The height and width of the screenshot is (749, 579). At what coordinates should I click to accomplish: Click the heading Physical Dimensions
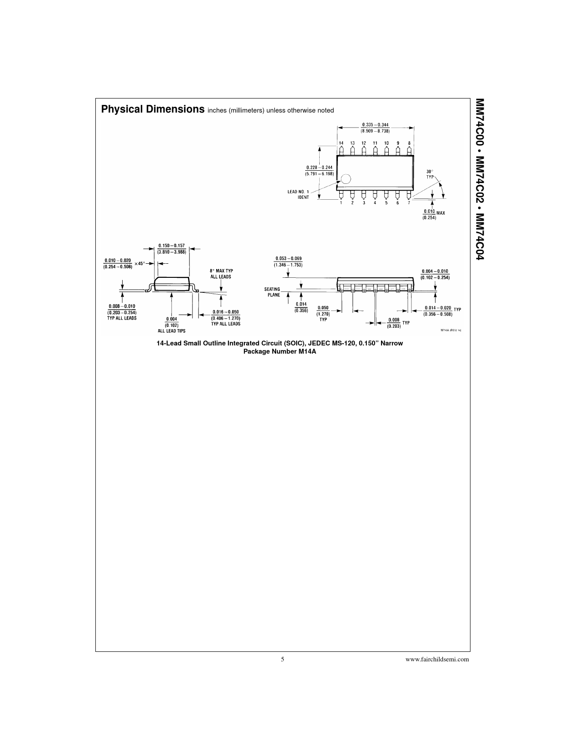[x=153, y=109]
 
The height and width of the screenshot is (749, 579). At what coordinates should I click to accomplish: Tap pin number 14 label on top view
[x=341, y=143]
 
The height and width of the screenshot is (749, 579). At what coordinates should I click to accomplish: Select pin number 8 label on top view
[x=409, y=143]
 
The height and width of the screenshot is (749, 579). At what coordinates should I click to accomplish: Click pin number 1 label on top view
[x=341, y=203]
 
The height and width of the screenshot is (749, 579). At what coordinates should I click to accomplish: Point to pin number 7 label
[x=408, y=203]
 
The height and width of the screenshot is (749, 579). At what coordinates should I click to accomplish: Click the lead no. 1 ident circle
[x=346, y=179]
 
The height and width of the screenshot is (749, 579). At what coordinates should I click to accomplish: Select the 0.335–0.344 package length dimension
[x=375, y=128]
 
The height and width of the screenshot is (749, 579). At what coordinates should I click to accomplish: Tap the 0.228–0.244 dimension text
[x=319, y=170]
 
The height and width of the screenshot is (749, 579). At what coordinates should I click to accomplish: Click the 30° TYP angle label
[x=429, y=174]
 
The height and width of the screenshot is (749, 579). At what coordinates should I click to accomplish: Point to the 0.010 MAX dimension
[x=434, y=214]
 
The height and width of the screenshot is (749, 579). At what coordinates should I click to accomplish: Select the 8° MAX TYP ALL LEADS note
[x=221, y=273]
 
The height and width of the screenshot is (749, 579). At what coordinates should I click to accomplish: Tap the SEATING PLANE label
[x=272, y=292]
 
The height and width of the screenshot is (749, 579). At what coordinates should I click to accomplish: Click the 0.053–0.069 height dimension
[x=288, y=261]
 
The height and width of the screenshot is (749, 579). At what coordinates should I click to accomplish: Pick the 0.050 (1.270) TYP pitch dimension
[x=323, y=313]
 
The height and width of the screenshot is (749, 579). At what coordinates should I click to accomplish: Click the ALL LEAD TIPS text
[x=171, y=331]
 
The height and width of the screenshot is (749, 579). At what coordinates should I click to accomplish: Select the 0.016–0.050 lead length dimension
[x=226, y=317]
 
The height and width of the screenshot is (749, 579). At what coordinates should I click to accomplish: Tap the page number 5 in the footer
[x=282, y=659]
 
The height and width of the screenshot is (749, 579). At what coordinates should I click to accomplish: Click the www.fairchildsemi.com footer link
[x=437, y=659]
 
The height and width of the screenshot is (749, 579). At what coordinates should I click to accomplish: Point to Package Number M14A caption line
[x=279, y=351]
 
